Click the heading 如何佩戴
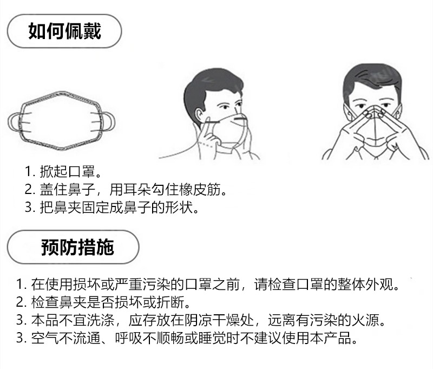[x=65, y=31]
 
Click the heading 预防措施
[x=77, y=248]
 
